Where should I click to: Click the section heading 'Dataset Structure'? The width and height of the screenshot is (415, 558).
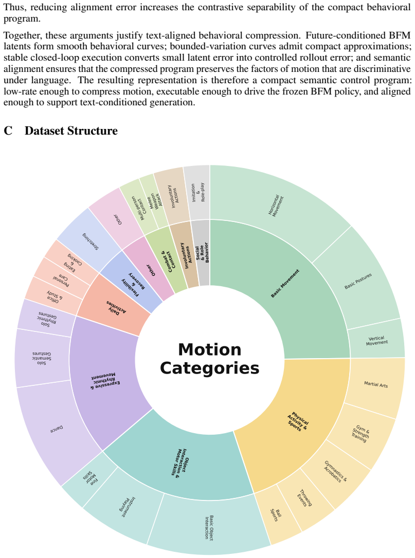71,131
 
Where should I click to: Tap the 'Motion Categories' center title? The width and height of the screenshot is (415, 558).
209,359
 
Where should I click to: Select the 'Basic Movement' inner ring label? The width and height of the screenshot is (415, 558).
285,283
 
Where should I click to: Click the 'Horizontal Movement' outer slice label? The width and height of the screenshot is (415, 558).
276,206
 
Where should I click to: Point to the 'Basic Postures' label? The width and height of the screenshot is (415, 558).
358,281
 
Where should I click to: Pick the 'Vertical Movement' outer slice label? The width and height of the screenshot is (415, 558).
377,341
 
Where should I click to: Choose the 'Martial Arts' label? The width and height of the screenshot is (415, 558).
376,384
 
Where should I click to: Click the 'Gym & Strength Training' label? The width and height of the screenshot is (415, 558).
360,434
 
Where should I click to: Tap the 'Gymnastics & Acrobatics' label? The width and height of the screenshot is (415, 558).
335,472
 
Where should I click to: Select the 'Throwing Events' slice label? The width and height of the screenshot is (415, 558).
304,498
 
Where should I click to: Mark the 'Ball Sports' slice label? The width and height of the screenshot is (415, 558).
276,515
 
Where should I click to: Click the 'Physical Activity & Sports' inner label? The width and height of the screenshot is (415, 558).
297,421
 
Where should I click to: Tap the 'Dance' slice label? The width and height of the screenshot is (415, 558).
57,430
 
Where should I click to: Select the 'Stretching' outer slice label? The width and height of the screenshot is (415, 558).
91,241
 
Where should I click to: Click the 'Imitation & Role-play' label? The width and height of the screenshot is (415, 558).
198,193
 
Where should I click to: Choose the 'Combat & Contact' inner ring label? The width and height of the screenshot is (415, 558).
166,261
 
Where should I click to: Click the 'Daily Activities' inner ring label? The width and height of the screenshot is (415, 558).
116,307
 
